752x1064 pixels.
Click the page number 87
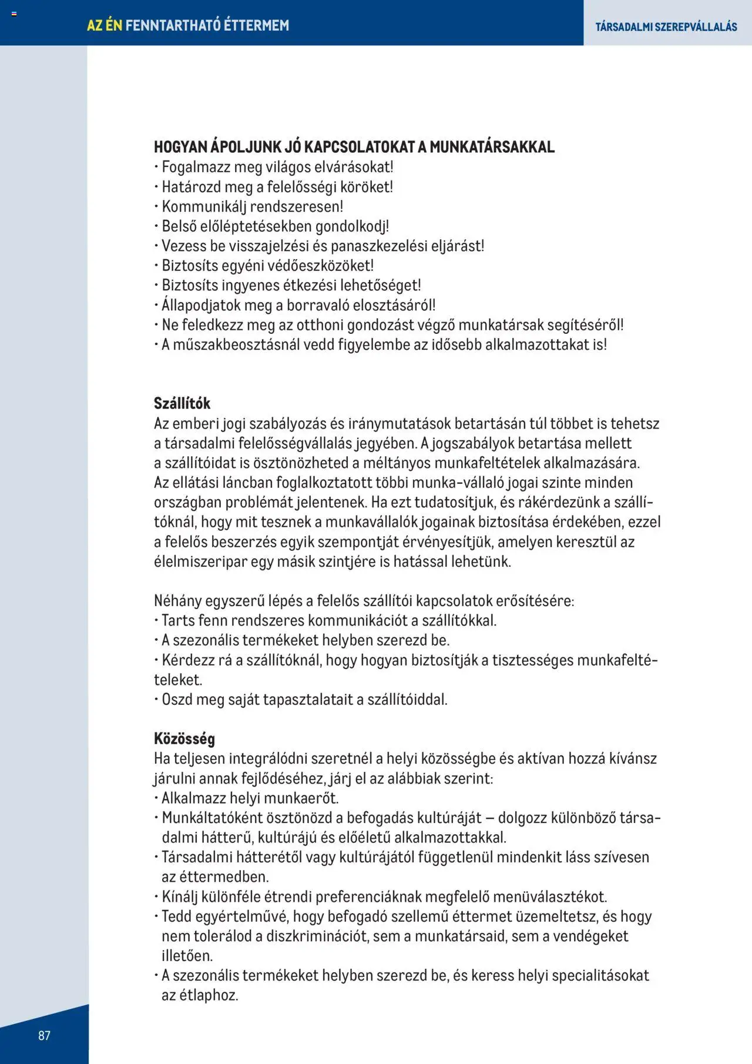pos(45,1035)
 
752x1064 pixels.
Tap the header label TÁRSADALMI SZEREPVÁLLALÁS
pos(666,26)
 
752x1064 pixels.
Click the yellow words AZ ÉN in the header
pos(105,25)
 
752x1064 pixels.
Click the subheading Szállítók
pos(182,403)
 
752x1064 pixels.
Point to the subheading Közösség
pos(184,738)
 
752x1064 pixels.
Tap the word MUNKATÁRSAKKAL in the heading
pos(492,147)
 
